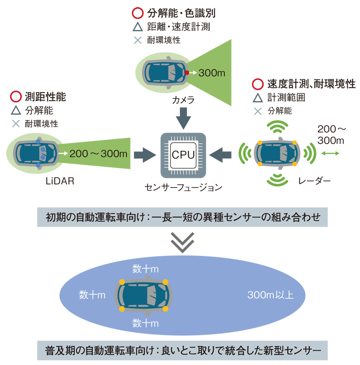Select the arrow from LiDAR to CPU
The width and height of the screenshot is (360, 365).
pos(144,154)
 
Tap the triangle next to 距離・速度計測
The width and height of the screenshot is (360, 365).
pos(138,27)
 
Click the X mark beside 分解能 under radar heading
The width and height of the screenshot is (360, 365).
pos(258,110)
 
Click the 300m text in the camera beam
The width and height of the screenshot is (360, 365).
pos(213,73)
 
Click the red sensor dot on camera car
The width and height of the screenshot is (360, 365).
pos(187,73)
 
